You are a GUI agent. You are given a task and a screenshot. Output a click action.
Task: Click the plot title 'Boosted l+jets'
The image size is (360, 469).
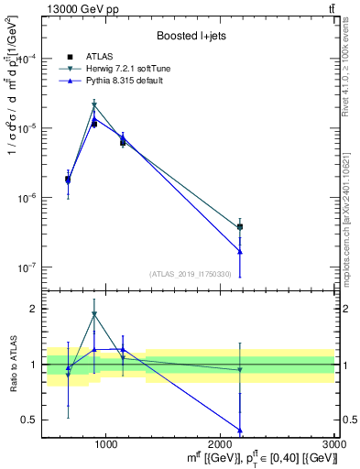tap(191, 36)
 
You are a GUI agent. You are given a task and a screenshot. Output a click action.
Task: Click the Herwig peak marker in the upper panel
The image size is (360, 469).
tap(94, 106)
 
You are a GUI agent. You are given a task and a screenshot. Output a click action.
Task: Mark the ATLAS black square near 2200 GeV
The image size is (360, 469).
tap(240, 226)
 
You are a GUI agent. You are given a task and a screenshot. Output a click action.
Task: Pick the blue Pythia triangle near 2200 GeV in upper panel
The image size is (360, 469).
tap(240, 251)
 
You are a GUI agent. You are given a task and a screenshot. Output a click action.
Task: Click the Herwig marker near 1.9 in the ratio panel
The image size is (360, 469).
tap(94, 314)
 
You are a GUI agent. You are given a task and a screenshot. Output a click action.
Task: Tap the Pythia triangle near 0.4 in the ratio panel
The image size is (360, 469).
tap(240, 430)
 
